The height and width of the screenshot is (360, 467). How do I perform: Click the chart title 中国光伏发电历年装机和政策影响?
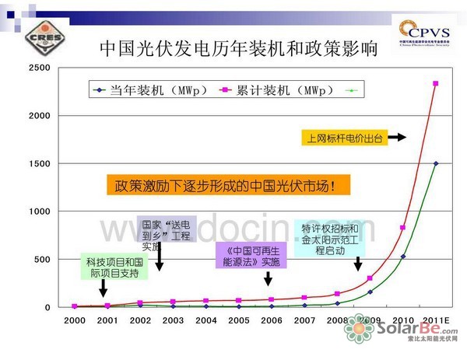(240, 49)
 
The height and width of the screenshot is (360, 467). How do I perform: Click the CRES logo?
(34, 36)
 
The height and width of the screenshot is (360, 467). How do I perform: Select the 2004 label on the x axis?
(205, 320)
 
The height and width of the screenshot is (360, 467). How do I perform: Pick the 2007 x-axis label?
(304, 320)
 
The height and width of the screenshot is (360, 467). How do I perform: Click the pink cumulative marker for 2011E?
(436, 84)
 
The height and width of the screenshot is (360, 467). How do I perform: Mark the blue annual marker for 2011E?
(436, 163)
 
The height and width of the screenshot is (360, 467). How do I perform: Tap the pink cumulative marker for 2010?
(402, 228)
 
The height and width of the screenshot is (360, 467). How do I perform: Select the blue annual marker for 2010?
(402, 256)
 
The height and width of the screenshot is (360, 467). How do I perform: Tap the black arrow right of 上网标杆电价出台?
(397, 138)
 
